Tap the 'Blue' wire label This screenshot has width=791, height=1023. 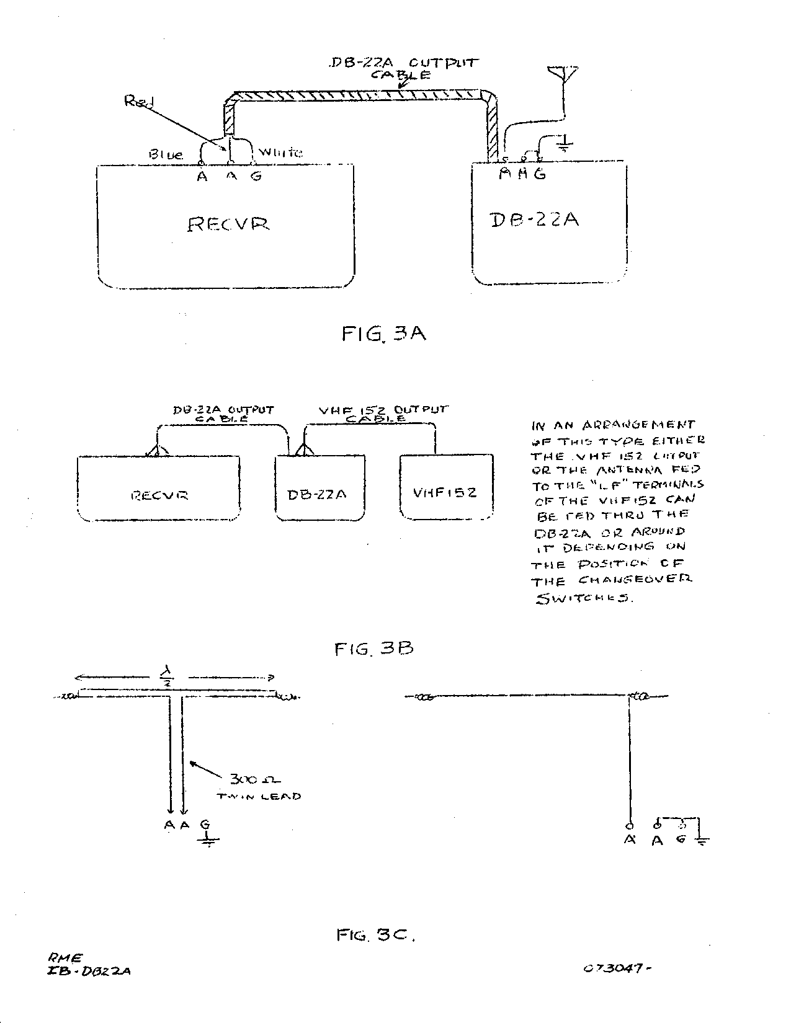click(166, 154)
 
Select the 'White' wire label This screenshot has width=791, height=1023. click(280, 152)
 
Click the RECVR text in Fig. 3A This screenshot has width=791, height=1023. click(228, 224)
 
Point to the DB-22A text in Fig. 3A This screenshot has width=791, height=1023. click(535, 219)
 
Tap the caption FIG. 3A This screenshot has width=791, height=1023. click(383, 334)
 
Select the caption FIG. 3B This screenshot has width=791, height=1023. click(373, 649)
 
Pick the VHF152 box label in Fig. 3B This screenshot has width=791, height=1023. click(445, 493)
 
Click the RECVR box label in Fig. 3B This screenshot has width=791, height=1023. click(159, 495)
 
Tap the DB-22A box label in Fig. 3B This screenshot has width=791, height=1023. click(317, 494)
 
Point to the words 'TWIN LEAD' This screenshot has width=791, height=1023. click(259, 796)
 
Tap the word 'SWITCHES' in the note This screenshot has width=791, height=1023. click(583, 600)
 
